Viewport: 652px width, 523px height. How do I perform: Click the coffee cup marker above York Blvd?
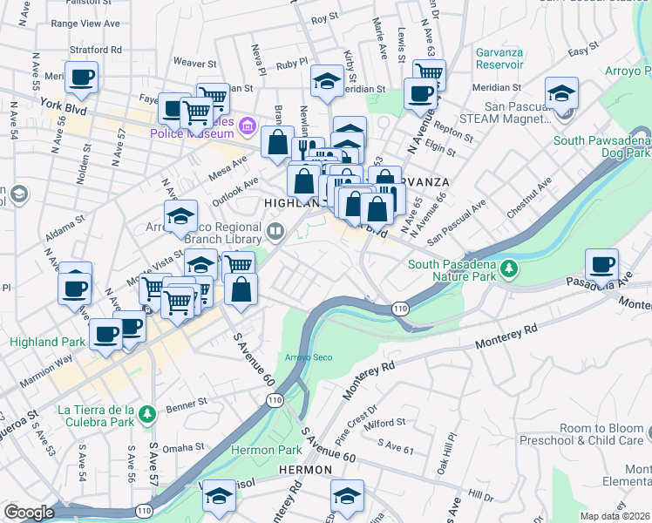coord(81,78)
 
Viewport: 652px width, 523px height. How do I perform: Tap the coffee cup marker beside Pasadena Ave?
coord(601,264)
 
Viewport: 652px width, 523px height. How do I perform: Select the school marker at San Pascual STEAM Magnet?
coord(561,93)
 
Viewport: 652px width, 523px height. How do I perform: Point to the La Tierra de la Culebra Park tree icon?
coord(147,412)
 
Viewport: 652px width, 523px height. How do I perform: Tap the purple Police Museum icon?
coord(248,128)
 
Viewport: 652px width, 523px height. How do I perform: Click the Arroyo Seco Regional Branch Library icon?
coord(276,231)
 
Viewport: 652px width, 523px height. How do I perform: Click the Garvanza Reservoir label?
coord(499,58)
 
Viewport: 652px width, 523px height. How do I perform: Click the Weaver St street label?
coord(194,64)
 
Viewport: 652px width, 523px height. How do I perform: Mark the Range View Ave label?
coord(85,24)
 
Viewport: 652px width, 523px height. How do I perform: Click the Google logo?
coord(30,513)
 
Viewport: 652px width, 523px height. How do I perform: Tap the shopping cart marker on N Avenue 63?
coord(428,74)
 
